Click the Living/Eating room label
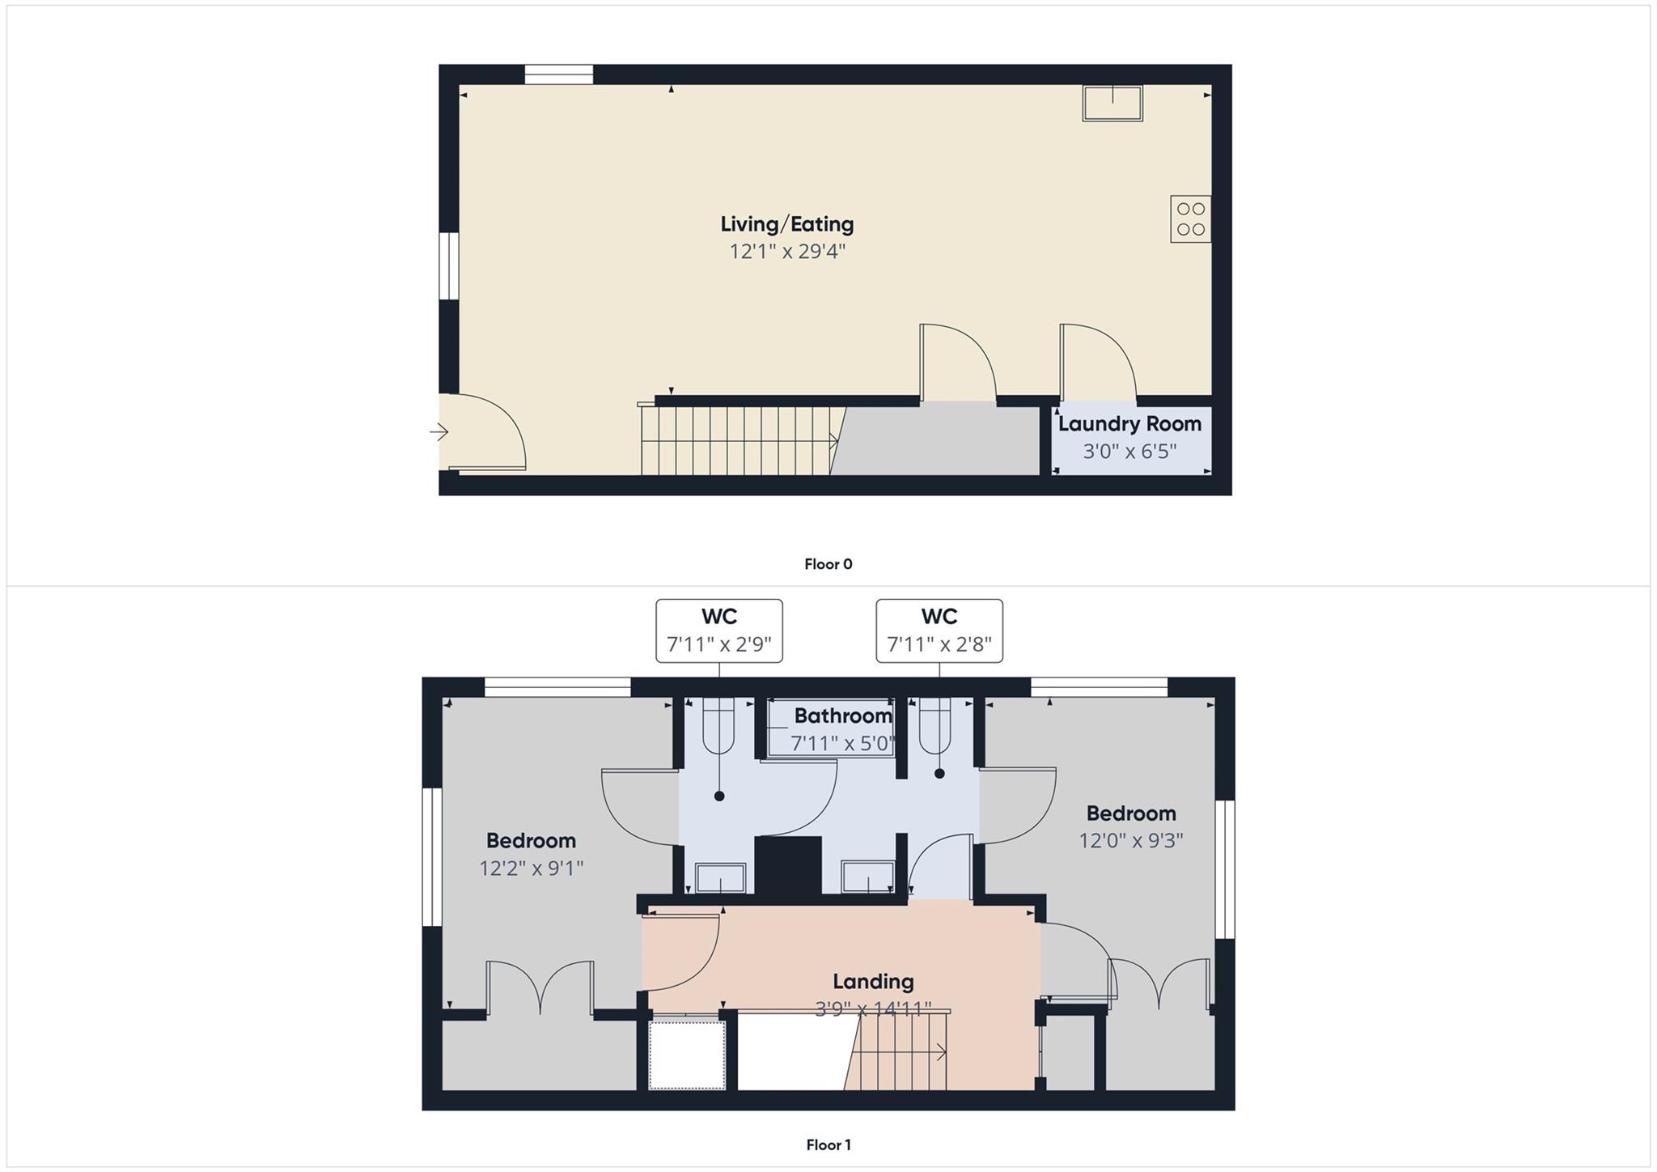[x=786, y=224]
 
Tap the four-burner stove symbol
[x=1190, y=219]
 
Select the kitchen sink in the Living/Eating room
[x=1112, y=104]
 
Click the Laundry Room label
[x=1129, y=424]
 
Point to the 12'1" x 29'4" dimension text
[x=786, y=252]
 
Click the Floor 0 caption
[x=828, y=564]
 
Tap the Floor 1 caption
[x=828, y=1144]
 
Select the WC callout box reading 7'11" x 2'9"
[x=718, y=631]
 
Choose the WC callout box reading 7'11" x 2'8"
[x=939, y=631]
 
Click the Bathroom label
[x=842, y=716]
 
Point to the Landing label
[x=873, y=982]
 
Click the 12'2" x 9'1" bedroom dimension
[x=531, y=868]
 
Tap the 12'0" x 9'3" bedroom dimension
[x=1130, y=841]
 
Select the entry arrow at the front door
[x=439, y=432]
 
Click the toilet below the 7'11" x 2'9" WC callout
[x=718, y=724]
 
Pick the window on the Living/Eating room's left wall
[x=448, y=265]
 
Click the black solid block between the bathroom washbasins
[x=787, y=865]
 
